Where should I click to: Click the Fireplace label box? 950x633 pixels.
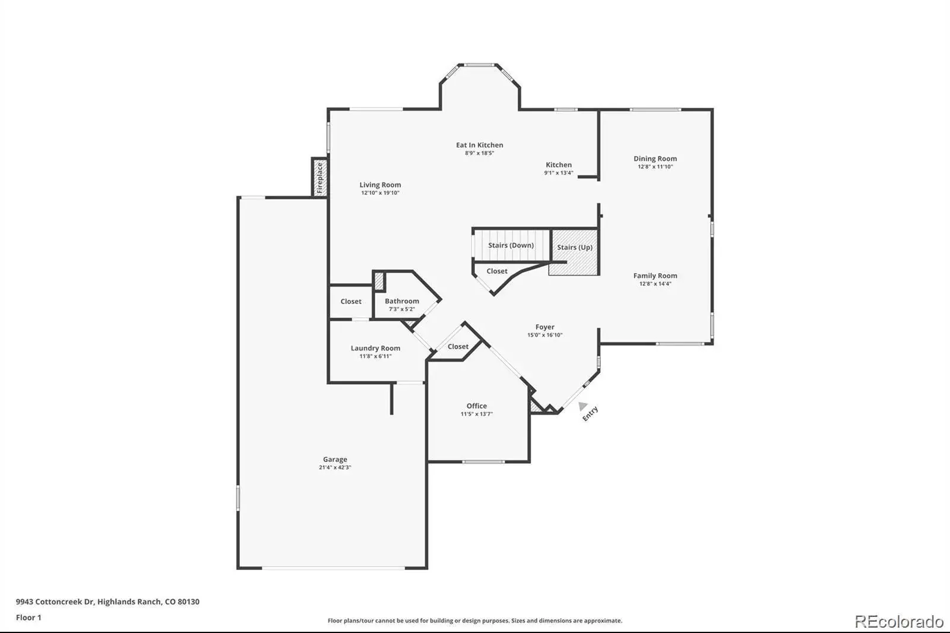(x=320, y=178)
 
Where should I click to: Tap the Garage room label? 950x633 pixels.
(x=335, y=459)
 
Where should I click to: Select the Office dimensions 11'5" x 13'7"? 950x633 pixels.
(x=477, y=414)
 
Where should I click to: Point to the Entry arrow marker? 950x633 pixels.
(x=583, y=406)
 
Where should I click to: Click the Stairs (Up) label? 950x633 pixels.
(x=575, y=248)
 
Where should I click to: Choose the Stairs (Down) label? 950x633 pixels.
(x=511, y=245)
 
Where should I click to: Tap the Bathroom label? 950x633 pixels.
(x=402, y=301)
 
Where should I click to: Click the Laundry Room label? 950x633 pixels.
(x=375, y=349)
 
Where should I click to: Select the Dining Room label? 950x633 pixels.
(x=655, y=159)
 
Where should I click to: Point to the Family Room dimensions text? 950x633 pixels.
(x=655, y=284)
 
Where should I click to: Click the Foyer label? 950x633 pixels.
(x=544, y=327)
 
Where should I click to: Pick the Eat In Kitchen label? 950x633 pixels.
(x=479, y=145)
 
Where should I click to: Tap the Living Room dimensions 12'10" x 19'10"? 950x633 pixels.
(x=380, y=193)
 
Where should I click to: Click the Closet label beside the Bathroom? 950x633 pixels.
(x=351, y=301)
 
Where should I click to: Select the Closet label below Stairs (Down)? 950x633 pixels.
(x=496, y=271)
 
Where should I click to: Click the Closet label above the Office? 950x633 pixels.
(x=458, y=347)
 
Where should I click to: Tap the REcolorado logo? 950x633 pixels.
(x=899, y=622)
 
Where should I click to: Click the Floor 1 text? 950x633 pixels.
(x=28, y=618)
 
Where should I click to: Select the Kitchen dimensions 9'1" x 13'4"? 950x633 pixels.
(x=559, y=173)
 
